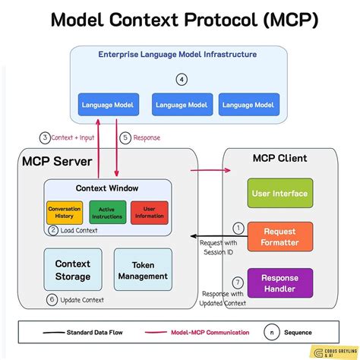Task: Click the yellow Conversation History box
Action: click(x=64, y=212)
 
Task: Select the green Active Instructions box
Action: click(x=107, y=212)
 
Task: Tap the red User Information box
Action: click(x=149, y=212)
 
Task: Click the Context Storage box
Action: click(x=72, y=270)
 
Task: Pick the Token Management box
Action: click(x=143, y=270)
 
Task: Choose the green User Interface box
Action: click(x=279, y=193)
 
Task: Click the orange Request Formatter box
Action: click(x=279, y=236)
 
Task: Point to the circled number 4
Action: click(x=182, y=79)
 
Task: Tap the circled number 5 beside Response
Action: click(x=125, y=137)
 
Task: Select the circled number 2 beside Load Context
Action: click(x=53, y=229)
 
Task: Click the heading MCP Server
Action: click(x=56, y=161)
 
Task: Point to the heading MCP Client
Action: click(x=279, y=158)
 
